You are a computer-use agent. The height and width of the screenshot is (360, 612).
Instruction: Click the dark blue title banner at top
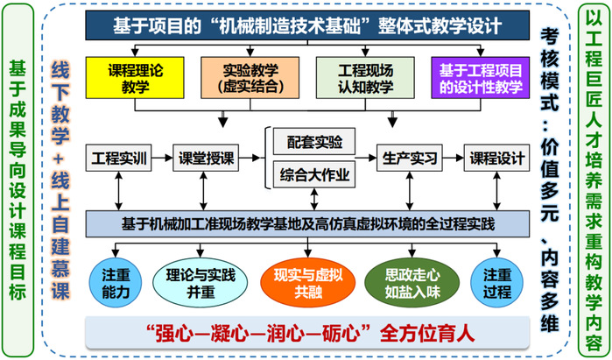pyautogui.click(x=306, y=26)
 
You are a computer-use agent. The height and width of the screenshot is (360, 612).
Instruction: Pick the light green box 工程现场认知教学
pyautogui.click(x=360, y=77)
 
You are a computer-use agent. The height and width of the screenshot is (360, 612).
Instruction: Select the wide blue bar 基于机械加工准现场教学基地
pyautogui.click(x=306, y=224)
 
